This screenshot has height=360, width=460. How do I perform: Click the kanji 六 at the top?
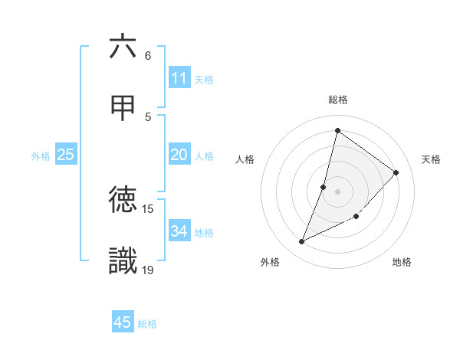coord(123,47)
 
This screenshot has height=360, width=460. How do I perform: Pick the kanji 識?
coord(123,260)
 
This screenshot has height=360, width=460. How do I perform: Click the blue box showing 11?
coord(179,78)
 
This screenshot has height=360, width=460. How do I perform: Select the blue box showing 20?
coord(179,155)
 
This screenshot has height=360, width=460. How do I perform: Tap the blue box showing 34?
coord(179,231)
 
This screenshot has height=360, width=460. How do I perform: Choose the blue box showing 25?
coord(66,155)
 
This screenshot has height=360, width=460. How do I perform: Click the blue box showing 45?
coord(123,322)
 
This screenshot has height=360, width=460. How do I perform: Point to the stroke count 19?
coord(148,269)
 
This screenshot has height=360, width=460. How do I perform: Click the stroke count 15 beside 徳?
coord(148,208)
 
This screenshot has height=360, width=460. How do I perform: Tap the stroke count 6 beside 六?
coord(148,56)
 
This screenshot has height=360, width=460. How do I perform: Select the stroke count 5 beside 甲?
coord(148,116)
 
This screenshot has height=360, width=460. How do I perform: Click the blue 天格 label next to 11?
coord(204,80)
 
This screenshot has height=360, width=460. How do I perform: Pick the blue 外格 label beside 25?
coord(41,156)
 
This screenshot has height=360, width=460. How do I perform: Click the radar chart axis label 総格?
coord(338,100)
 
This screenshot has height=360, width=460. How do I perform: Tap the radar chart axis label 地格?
coord(402,262)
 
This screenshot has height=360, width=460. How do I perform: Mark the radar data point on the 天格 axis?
coord(396,172)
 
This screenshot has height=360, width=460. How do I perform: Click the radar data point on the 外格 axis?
coord(302,242)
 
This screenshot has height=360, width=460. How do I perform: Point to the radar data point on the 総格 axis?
coord(337,130)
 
